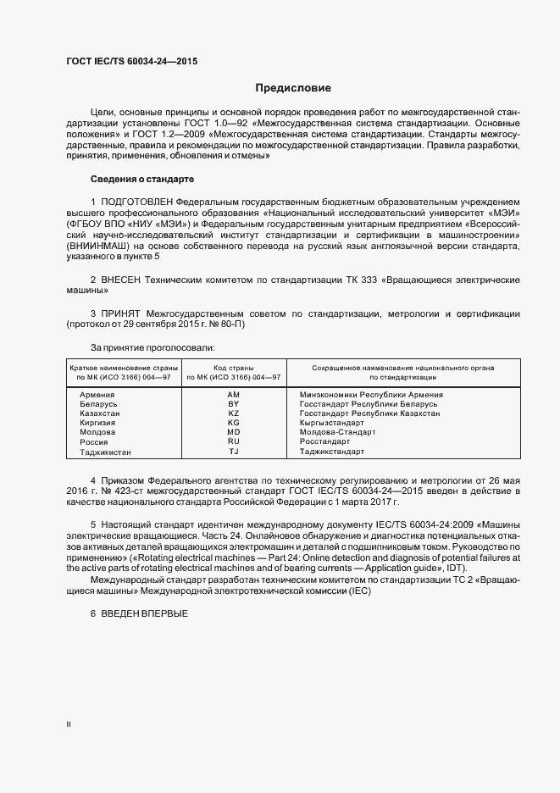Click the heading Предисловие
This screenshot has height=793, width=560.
pos(293,88)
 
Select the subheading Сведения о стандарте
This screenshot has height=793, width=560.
pos(142,180)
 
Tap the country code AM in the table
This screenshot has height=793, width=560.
pos(234,395)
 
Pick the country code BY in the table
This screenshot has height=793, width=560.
pos(234,404)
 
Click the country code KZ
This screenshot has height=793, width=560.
pos(234,413)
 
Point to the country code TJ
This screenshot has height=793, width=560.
pos(234,452)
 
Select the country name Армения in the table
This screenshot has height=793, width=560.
pos(97,395)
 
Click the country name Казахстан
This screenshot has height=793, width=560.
pos(100,413)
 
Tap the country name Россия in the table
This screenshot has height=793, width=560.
pos(94,442)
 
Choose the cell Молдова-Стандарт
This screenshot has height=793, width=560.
pos(335,432)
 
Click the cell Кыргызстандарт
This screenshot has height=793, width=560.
pos(331,423)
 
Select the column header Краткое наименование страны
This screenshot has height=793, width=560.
pos(123,368)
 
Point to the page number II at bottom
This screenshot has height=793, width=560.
pos(69,724)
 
